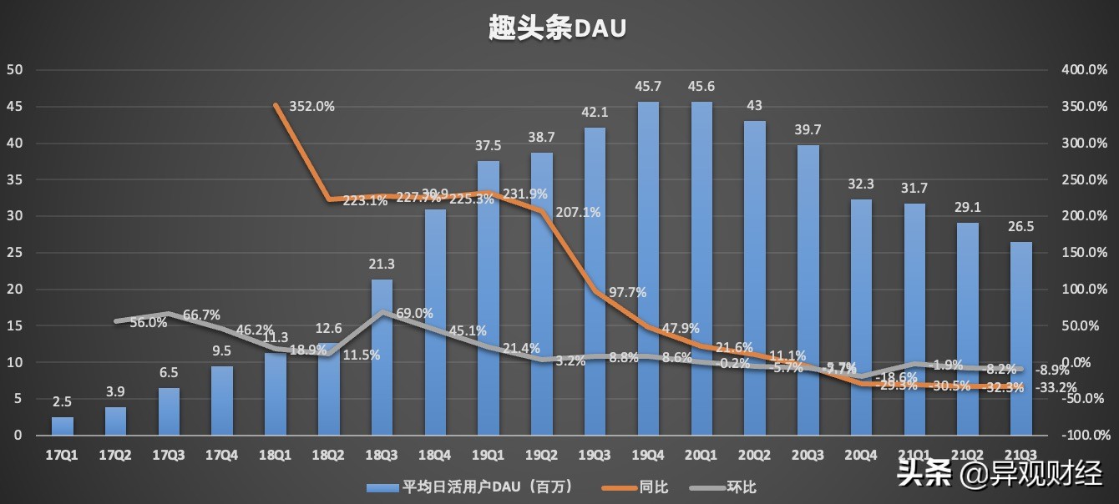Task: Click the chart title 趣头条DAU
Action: pyautogui.click(x=558, y=28)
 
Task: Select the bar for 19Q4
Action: pyautogui.click(x=649, y=267)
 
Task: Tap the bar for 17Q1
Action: pyautogui.click(x=63, y=426)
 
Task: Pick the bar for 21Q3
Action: pyautogui.click(x=1021, y=338)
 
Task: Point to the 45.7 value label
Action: pyautogui.click(x=649, y=87)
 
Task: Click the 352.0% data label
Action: pyautogui.click(x=311, y=107)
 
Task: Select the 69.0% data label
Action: pyautogui.click(x=414, y=314)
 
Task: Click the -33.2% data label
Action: pyautogui.click(x=1056, y=387)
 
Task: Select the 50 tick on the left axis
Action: pyautogui.click(x=14, y=70)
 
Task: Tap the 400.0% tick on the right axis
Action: pyautogui.click(x=1083, y=70)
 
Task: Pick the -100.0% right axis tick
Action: pyautogui.click(x=1083, y=436)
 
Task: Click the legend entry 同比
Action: pyautogui.click(x=652, y=486)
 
